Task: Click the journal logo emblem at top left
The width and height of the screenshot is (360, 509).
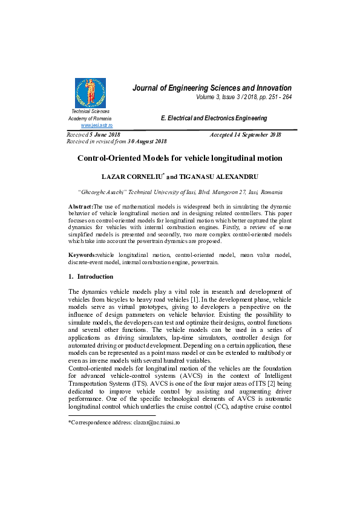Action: click(x=90, y=92)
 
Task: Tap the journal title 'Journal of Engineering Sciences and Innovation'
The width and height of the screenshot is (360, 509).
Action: click(x=212, y=88)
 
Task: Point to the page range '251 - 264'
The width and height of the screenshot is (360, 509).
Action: click(x=279, y=97)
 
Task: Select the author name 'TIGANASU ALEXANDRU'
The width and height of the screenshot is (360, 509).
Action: click(x=217, y=178)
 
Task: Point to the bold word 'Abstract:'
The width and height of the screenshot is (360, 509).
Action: click(x=80, y=207)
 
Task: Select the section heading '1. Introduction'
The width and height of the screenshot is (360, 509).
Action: click(x=91, y=276)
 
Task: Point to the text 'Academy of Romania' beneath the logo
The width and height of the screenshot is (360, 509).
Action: click(x=91, y=118)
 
